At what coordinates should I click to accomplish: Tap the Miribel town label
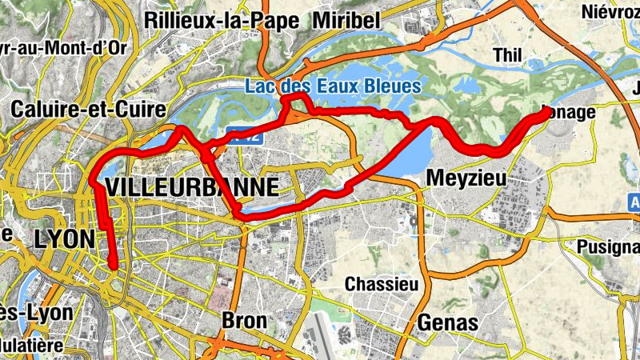[x=346, y=19]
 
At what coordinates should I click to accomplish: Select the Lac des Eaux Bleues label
[x=332, y=85]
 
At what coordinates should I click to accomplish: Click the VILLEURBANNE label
[x=192, y=188]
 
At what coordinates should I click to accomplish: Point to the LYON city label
[x=64, y=238]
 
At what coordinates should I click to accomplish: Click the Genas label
[x=448, y=322]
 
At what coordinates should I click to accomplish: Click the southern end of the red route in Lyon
[x=114, y=267]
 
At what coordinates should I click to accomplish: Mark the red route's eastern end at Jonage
[x=548, y=113]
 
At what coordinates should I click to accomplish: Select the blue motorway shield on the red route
[x=249, y=138]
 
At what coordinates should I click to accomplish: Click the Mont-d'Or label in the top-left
[x=64, y=46]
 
